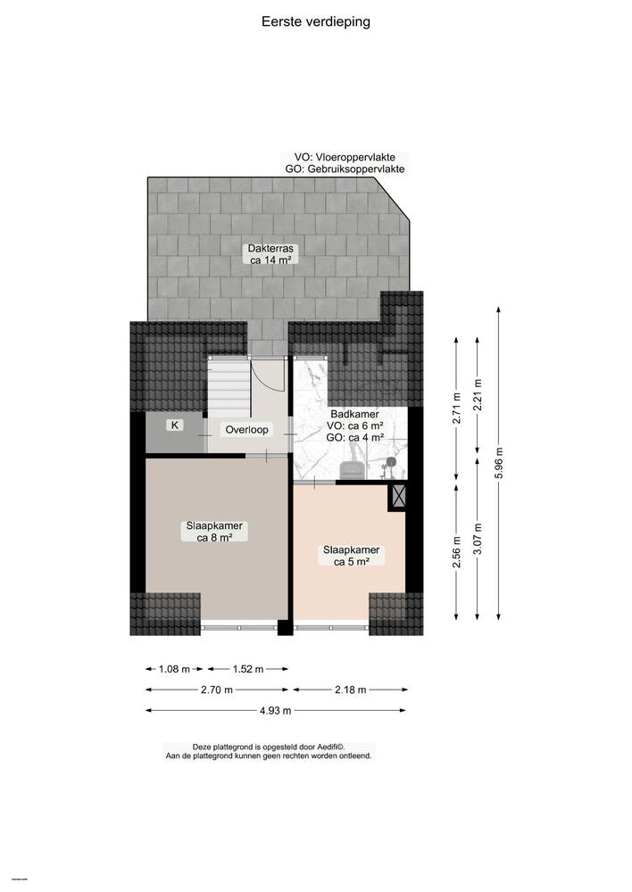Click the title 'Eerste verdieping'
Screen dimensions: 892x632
tap(316, 21)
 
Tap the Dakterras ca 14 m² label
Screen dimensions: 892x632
tap(272, 254)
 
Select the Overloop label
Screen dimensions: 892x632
tap(246, 429)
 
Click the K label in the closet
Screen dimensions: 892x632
tap(175, 425)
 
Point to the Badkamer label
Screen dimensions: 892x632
tap(354, 415)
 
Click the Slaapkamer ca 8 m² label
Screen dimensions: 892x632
tap(215, 532)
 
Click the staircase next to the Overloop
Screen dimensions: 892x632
tap(228, 386)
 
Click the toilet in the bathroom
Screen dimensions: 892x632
tap(353, 469)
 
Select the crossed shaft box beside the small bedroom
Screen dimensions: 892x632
tap(398, 494)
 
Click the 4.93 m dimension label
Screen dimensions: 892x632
tap(275, 711)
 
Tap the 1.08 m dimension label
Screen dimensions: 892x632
tap(174, 669)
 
